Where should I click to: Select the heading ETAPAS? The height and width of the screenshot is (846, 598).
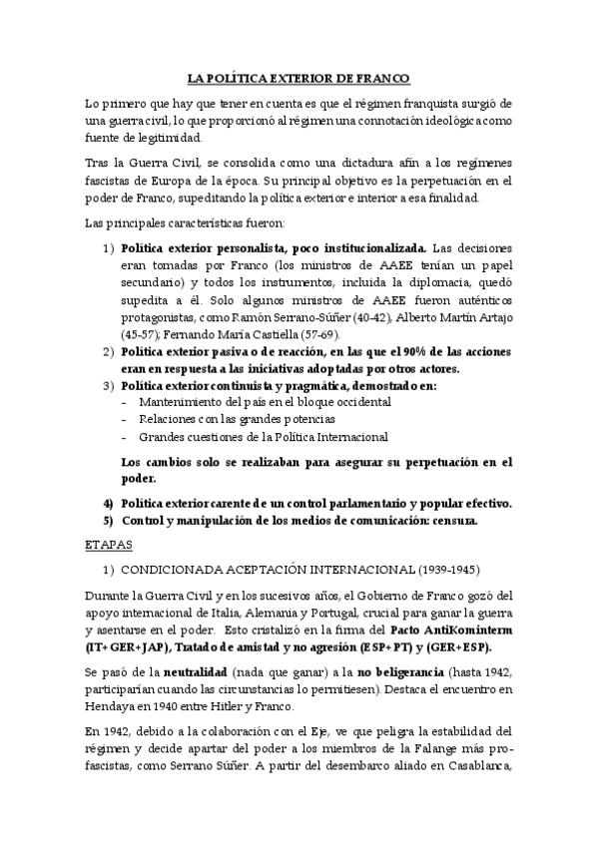[104, 547]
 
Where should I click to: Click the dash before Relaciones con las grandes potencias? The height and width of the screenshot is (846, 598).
[123, 419]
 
